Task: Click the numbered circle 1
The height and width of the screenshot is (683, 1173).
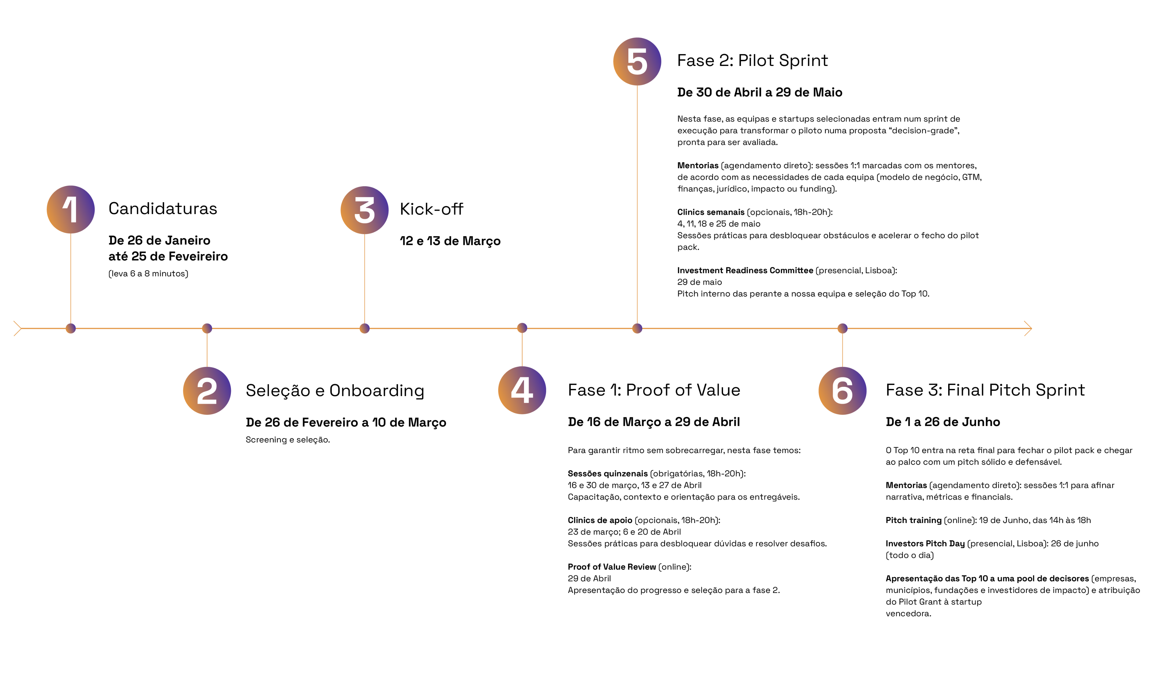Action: click(71, 209)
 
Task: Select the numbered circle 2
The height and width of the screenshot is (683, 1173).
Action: click(207, 391)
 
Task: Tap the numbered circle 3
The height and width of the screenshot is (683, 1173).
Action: click(364, 210)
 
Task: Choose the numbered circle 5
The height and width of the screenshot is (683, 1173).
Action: click(637, 61)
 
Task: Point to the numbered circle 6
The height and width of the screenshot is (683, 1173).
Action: click(842, 391)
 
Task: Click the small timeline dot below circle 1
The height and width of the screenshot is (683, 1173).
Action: click(71, 329)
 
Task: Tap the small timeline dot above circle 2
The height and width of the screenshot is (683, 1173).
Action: click(207, 329)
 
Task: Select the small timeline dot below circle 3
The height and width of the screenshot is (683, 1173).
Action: click(364, 329)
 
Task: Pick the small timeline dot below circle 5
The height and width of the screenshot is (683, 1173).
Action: click(637, 329)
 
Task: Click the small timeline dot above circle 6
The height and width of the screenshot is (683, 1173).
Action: click(842, 329)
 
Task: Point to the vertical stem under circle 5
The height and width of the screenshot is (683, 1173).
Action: click(637, 205)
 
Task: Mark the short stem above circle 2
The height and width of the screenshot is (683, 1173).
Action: click(207, 350)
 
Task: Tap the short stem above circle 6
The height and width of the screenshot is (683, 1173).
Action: click(842, 350)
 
